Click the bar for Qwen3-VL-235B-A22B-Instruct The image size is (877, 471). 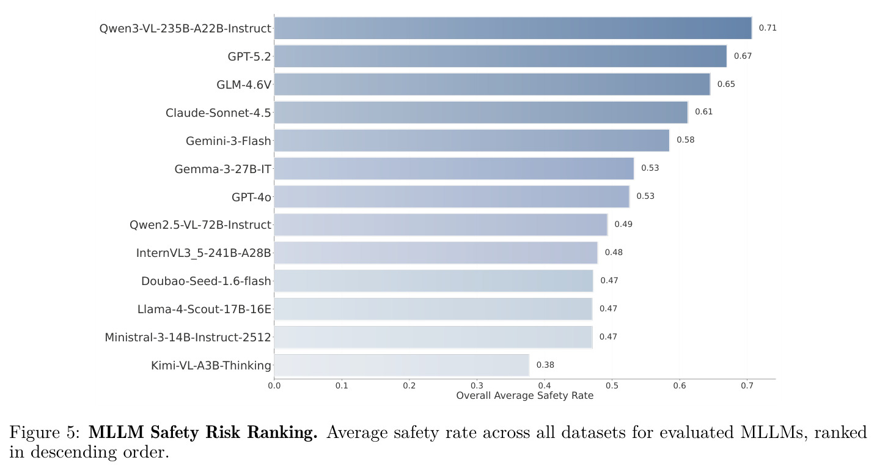(x=513, y=28)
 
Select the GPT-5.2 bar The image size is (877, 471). (x=501, y=56)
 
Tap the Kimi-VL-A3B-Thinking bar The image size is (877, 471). (x=402, y=365)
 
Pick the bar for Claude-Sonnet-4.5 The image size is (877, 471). (x=481, y=113)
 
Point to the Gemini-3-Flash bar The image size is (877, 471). (x=472, y=141)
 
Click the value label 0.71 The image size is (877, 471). (x=768, y=28)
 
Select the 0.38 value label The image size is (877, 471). (x=545, y=365)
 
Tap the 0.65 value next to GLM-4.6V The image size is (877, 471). (x=726, y=84)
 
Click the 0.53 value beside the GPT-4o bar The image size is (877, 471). (x=645, y=196)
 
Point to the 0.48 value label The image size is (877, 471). (x=614, y=253)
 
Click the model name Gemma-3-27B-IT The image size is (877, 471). (x=223, y=169)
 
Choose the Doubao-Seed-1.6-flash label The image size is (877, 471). (x=206, y=281)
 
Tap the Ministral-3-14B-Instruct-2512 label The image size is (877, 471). (x=188, y=338)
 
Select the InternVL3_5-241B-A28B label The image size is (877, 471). (x=204, y=253)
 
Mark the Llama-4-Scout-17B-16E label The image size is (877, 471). (x=204, y=310)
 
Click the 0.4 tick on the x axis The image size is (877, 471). (x=544, y=385)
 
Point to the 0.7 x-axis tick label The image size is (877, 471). (x=747, y=385)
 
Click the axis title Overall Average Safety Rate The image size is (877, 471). (x=524, y=396)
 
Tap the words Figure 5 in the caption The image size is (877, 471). (x=44, y=432)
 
